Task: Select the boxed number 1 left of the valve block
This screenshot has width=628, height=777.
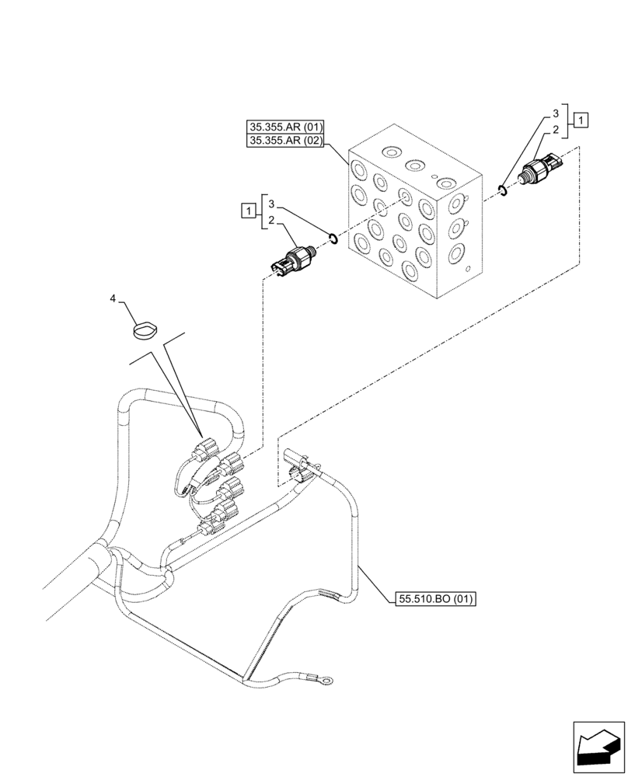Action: point(247,211)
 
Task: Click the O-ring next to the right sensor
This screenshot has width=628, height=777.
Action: point(503,188)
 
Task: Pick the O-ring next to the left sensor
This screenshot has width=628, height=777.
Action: point(333,239)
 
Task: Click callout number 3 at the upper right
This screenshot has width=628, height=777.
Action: point(555,113)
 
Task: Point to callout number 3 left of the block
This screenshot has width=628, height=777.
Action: point(270,204)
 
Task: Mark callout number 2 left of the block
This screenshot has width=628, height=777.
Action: point(270,221)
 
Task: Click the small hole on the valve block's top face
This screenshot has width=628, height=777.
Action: point(434,176)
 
